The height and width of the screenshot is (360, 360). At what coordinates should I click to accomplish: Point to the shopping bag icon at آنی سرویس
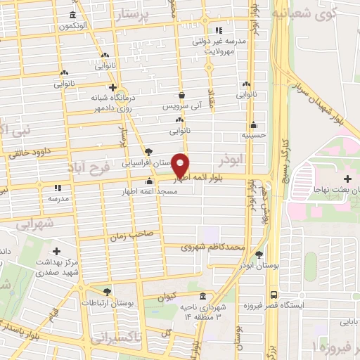point(181,96)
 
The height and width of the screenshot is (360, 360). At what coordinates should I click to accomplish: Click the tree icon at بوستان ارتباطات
point(107,291)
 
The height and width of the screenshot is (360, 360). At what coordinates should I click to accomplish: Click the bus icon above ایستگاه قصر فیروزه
point(274,295)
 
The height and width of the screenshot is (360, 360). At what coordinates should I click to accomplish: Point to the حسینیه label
point(252,134)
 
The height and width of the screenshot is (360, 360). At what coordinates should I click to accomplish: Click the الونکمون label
point(74,26)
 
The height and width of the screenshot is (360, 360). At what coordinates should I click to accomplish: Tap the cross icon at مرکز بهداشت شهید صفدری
point(57,251)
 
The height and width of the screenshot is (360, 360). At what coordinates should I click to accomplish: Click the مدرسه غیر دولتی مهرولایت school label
point(224,46)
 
